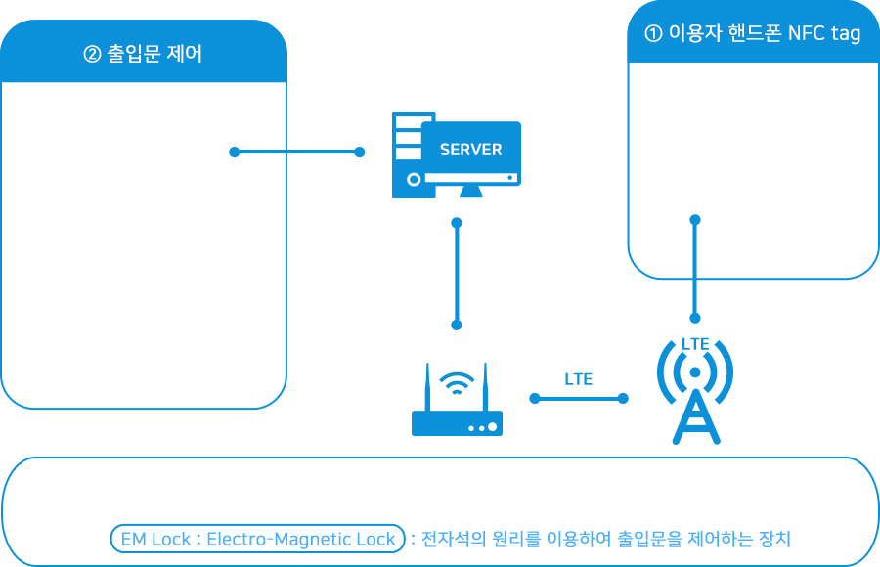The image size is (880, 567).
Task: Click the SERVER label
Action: click(470, 150)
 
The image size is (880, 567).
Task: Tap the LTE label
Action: click(578, 379)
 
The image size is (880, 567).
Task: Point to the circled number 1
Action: click(653, 34)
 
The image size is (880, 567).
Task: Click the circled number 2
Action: click(92, 55)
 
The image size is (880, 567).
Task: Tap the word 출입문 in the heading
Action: click(133, 55)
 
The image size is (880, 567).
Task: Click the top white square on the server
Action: click(401, 122)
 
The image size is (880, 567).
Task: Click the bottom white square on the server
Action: click(401, 153)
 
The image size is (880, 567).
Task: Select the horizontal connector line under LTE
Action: click(578, 398)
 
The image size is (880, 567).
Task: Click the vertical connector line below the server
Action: click(456, 274)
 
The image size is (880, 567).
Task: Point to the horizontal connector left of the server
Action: click(324, 152)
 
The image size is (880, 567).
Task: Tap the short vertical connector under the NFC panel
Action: click(695, 302)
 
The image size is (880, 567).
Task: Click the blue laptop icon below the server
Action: click(457, 399)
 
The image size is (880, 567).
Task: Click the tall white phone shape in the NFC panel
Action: click(688, 152)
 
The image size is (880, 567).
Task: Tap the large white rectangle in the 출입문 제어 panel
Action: click(140, 256)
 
